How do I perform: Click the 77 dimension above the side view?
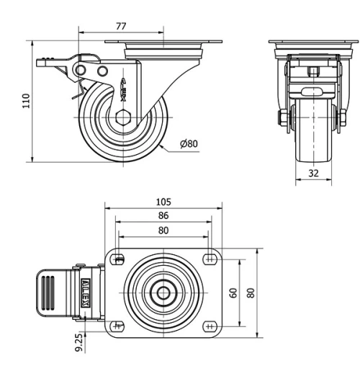(121, 25)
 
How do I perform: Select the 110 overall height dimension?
(27, 102)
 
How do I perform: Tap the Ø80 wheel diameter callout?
(189, 143)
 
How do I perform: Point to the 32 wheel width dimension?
(312, 173)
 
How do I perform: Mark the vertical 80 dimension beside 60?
(250, 293)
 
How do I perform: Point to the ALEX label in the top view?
(85, 294)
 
